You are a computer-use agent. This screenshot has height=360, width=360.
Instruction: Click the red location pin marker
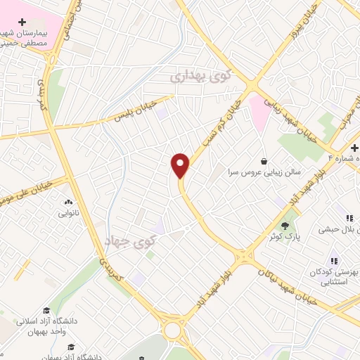point(181,165)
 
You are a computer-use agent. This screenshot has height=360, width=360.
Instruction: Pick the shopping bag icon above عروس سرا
point(264,160)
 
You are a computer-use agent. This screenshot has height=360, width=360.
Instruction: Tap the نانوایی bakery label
point(69,212)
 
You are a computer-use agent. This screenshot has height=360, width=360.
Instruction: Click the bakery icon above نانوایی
point(68,201)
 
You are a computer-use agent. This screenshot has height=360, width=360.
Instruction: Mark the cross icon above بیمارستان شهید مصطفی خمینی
point(24,22)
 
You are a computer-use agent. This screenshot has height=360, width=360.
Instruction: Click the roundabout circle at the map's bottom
point(171,330)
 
